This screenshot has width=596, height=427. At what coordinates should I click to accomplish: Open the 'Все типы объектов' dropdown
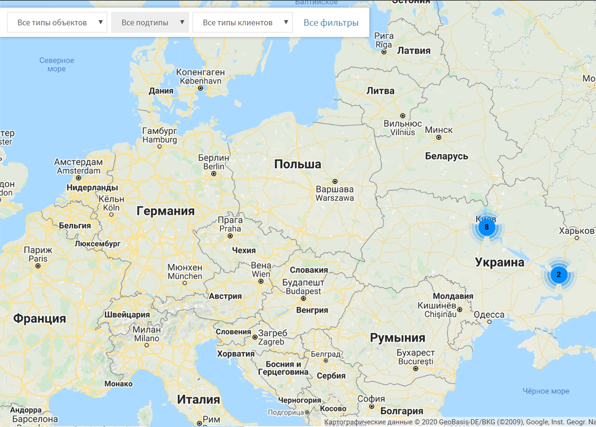pyautogui.click(x=57, y=23)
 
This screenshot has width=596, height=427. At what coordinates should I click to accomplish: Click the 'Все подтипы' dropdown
pyautogui.click(x=150, y=23)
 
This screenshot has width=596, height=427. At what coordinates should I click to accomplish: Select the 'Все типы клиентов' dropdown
pyautogui.click(x=242, y=23)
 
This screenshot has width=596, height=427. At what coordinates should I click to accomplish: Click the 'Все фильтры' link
pyautogui.click(x=331, y=23)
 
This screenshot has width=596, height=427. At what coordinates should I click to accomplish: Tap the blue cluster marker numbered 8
pyautogui.click(x=486, y=227)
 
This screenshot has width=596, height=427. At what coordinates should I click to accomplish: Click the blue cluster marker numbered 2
pyautogui.click(x=558, y=274)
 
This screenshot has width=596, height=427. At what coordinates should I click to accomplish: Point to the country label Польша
pyautogui.click(x=297, y=164)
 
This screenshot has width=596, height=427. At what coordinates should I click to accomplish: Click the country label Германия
pyautogui.click(x=165, y=211)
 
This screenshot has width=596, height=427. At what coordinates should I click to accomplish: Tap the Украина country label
pyautogui.click(x=499, y=262)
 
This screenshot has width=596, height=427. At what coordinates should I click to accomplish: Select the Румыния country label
pyautogui.click(x=397, y=338)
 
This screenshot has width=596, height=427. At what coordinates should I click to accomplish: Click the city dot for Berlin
pyautogui.click(x=214, y=174)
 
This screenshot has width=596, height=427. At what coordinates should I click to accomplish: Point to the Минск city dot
pyautogui.click(x=439, y=137)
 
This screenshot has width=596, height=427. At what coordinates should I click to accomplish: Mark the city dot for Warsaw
pyautogui.click(x=335, y=182)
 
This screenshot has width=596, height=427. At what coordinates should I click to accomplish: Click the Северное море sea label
pyautogui.click(x=56, y=64)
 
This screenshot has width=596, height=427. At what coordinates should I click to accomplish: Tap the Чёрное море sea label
pyautogui.click(x=546, y=391)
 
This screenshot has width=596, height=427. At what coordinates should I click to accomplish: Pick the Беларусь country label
pyautogui.click(x=447, y=156)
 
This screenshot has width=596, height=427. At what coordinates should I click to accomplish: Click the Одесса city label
pyautogui.click(x=489, y=315)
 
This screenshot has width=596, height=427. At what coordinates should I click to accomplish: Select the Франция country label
pyautogui.click(x=39, y=319)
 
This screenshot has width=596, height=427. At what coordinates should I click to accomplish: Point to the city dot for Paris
pyautogui.click(x=38, y=266)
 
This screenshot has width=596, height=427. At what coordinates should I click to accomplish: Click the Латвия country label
pyautogui.click(x=414, y=51)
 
